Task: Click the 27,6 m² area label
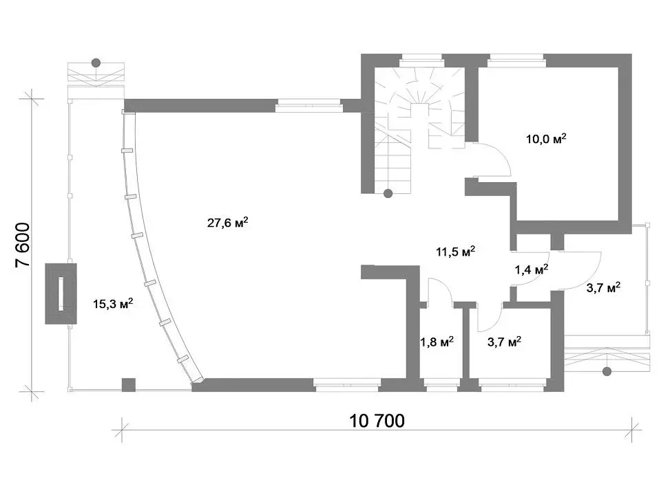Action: (x=227, y=222)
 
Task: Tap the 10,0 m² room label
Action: (x=546, y=138)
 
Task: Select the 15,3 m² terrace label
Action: (x=113, y=303)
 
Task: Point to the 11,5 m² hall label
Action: (x=455, y=252)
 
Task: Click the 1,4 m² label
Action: (x=531, y=269)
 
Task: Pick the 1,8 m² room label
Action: (x=437, y=342)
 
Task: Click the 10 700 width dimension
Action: (x=377, y=421)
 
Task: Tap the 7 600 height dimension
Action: (x=23, y=245)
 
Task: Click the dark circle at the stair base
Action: (x=388, y=194)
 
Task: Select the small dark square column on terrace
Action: (x=129, y=385)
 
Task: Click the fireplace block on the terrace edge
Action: (x=61, y=294)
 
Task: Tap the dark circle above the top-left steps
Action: (x=96, y=63)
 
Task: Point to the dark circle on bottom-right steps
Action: (x=607, y=372)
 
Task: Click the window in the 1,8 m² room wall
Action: (x=441, y=383)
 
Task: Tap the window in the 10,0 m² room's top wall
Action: (x=517, y=60)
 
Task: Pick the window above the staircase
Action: (x=421, y=60)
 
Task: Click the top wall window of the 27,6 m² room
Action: (x=308, y=105)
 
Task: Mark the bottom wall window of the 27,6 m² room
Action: (x=347, y=385)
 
